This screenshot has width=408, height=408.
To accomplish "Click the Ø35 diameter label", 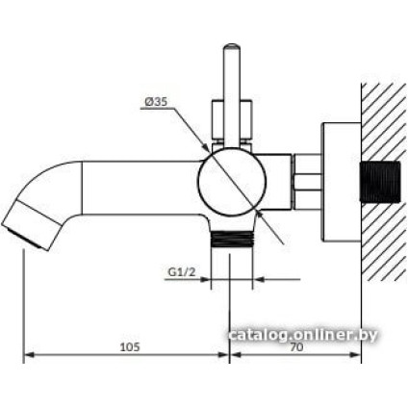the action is coord(156,102).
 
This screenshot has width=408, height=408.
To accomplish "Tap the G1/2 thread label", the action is coord(182,272).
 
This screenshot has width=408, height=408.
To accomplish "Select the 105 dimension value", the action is coord(130,347).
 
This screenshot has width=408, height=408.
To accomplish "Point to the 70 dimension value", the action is coord(296,347).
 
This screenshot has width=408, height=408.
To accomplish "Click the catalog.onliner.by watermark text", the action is coord(303,335).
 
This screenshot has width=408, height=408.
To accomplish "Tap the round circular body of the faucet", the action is coord(232,182).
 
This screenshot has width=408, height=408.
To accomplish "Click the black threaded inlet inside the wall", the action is coord(380,182).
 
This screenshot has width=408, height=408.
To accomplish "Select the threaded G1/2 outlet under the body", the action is coord(232,239).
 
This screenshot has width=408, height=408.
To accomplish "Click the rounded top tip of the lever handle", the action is coord(232,47).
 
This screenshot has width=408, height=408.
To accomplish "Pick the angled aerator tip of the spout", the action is coord(31,225).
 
